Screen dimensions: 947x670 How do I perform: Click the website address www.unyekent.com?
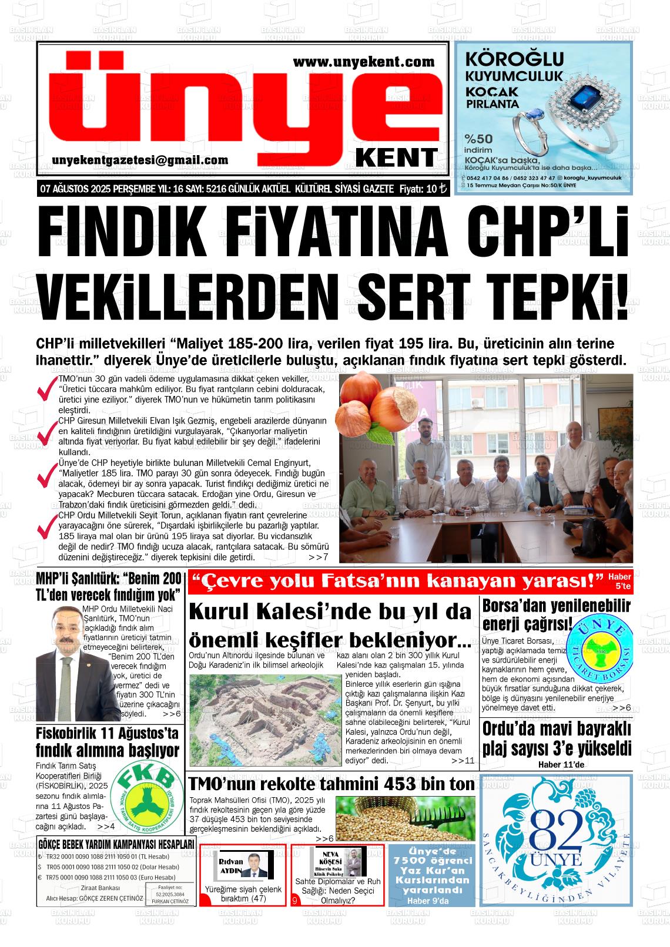(x=363, y=61)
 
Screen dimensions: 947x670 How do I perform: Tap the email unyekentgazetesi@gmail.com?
(x=140, y=160)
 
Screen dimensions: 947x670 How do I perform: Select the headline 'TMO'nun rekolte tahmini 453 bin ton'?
(x=331, y=784)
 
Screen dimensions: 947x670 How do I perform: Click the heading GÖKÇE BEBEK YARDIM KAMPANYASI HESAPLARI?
(x=116, y=844)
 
